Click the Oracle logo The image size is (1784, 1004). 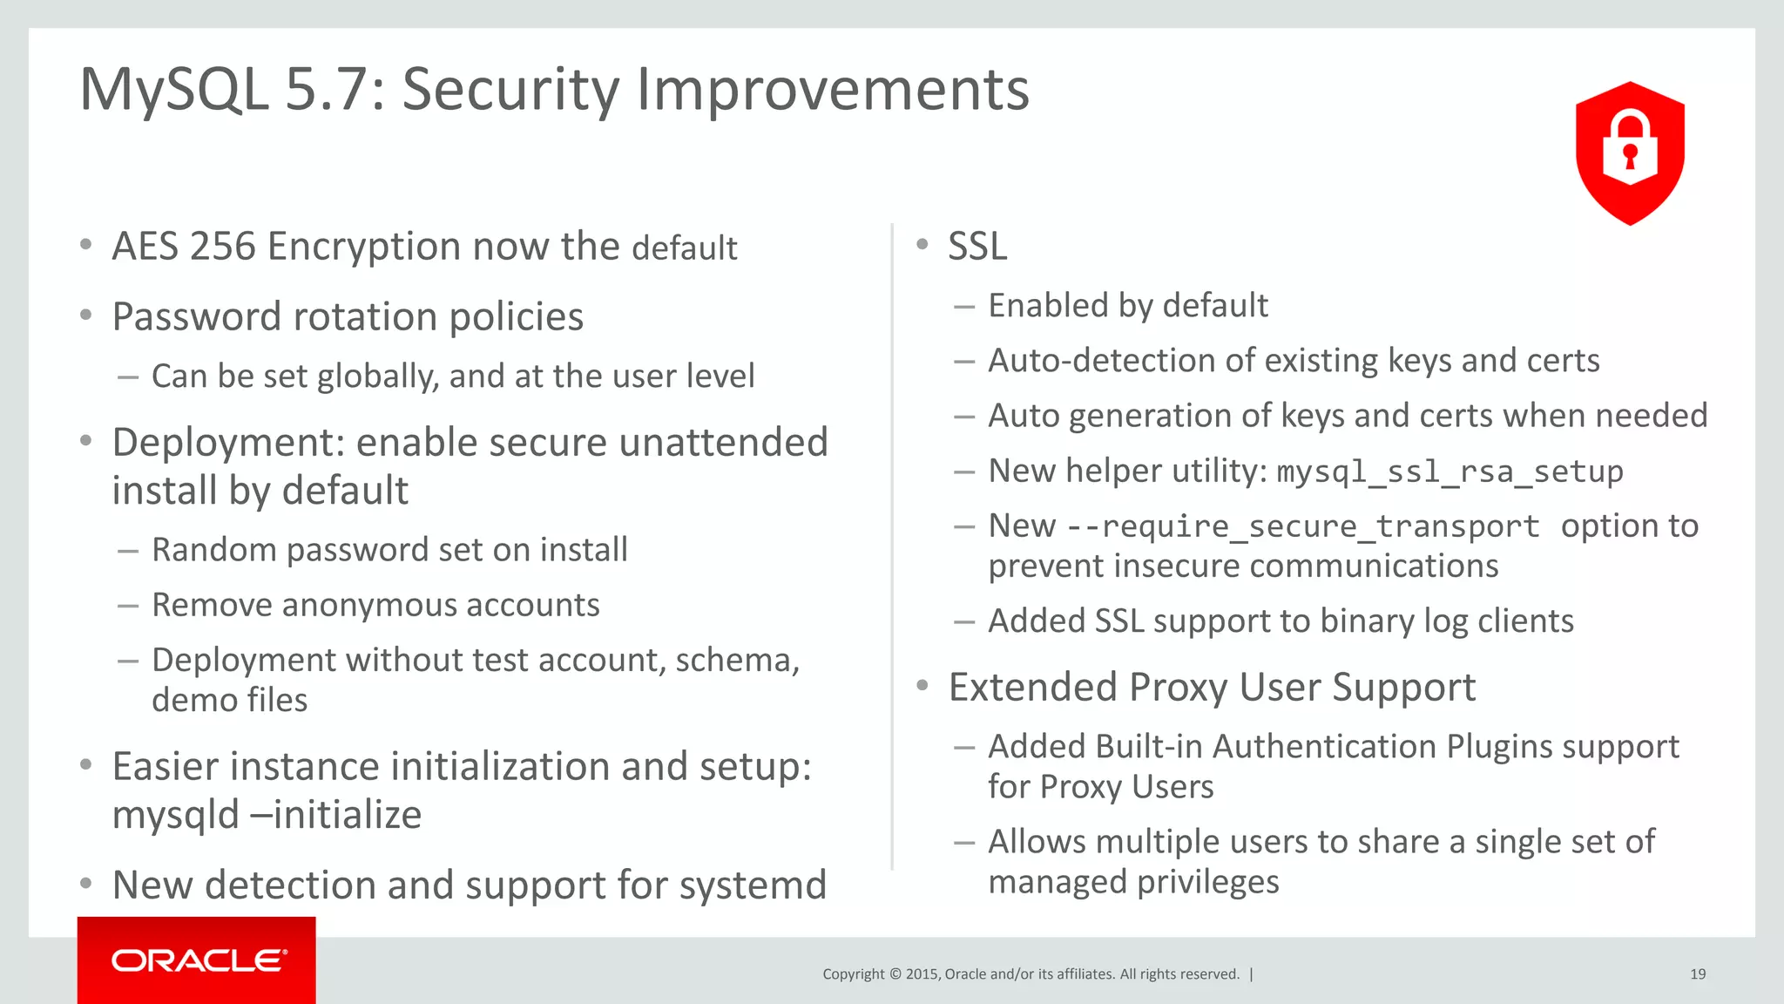tap(198, 960)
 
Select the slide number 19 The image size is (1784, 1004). tap(1698, 974)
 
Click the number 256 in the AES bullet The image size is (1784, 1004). tap(222, 247)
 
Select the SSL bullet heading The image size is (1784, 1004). tap(977, 247)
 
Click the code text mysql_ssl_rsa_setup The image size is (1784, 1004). tap(1449, 471)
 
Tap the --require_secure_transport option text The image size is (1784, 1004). tap(1303, 526)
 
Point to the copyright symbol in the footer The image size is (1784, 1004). tap(895, 974)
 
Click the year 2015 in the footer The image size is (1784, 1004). tap(921, 974)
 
